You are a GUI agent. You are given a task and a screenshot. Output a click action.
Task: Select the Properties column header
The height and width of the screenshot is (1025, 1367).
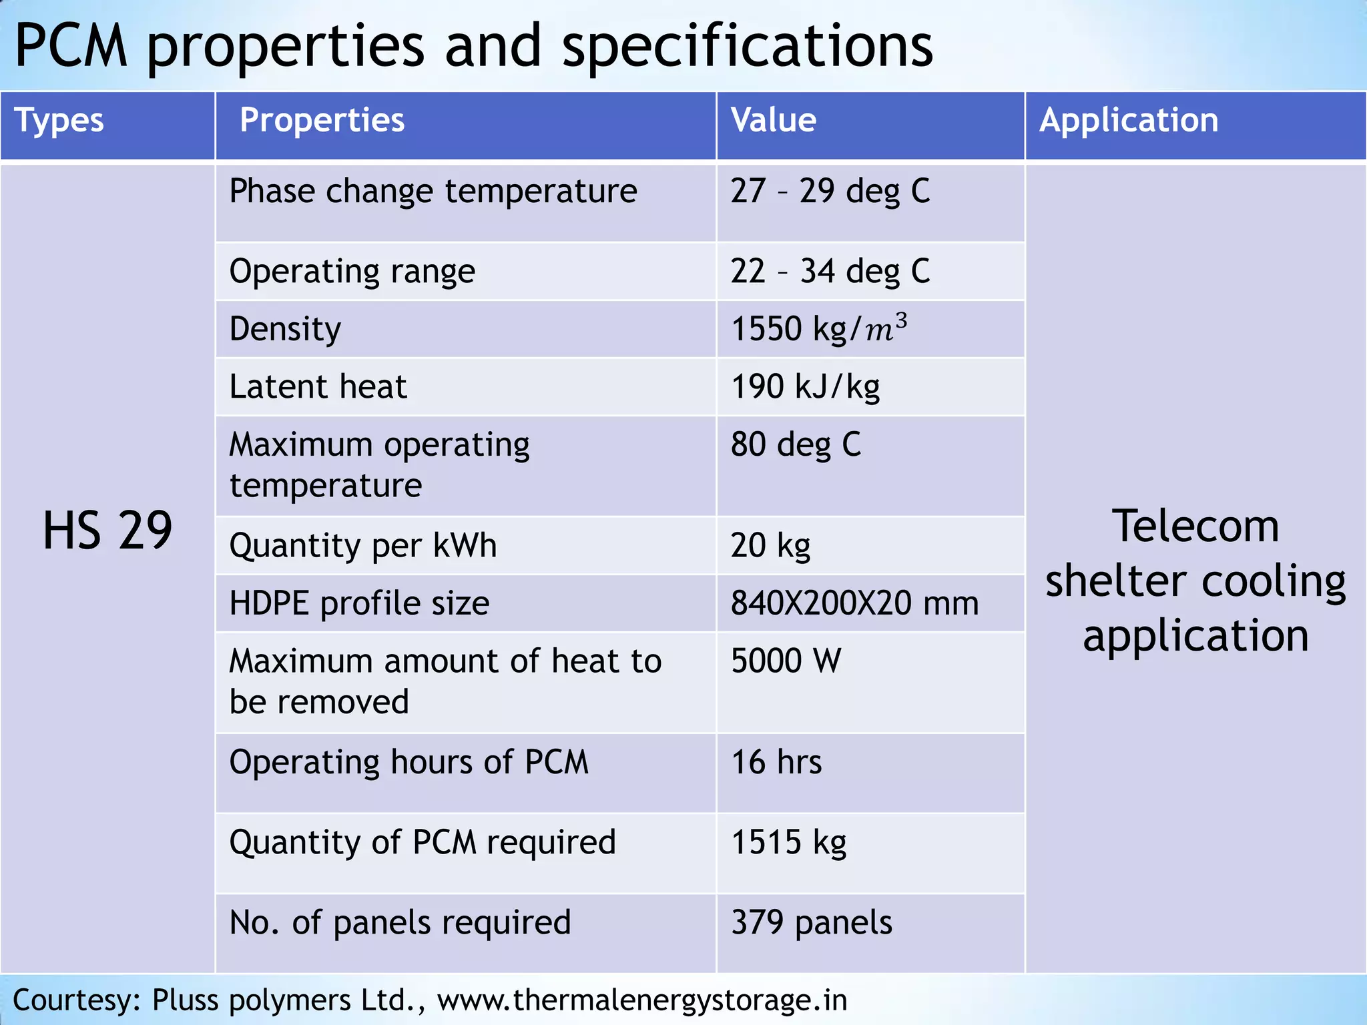pos(322,121)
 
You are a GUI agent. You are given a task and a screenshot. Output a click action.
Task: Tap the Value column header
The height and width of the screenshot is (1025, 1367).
pos(773,121)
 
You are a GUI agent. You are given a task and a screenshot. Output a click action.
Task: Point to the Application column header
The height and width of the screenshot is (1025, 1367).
pos(1129,121)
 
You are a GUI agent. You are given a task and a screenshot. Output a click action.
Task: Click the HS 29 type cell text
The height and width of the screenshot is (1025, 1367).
pos(107,531)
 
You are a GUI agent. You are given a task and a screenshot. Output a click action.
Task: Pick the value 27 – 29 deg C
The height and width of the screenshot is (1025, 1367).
pos(830,192)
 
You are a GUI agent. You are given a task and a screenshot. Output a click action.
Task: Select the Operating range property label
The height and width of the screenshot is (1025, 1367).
pos(352,272)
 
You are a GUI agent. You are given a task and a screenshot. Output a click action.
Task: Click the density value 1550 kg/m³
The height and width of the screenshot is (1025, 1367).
pos(818,329)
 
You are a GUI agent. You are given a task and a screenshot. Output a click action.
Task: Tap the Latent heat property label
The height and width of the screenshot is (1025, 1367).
pos(318,387)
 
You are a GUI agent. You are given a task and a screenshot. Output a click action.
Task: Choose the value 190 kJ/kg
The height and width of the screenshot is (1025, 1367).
pos(805,387)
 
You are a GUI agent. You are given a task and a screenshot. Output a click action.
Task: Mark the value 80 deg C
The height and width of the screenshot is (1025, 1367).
pos(796,445)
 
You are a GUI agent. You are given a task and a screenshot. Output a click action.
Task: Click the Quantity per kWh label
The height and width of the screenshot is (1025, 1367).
pos(362,546)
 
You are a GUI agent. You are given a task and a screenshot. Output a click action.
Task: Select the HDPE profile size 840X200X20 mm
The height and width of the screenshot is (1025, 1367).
pos(854,603)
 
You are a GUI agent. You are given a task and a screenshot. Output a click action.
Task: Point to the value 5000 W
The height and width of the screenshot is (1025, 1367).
pos(786,661)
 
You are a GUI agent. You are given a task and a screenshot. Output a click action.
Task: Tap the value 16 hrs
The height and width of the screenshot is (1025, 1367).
pos(776,762)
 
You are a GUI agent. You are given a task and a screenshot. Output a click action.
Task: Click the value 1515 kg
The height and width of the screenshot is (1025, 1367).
pos(788,842)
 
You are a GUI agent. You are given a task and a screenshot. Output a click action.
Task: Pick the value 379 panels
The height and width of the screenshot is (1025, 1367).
pos(811,923)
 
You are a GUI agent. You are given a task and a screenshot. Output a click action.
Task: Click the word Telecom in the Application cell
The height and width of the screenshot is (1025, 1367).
pos(1195,527)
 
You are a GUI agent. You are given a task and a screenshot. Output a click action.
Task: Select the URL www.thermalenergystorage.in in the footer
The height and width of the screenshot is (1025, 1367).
pos(642,1000)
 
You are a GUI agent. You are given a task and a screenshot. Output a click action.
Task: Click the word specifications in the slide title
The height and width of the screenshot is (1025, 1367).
pos(747,47)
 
